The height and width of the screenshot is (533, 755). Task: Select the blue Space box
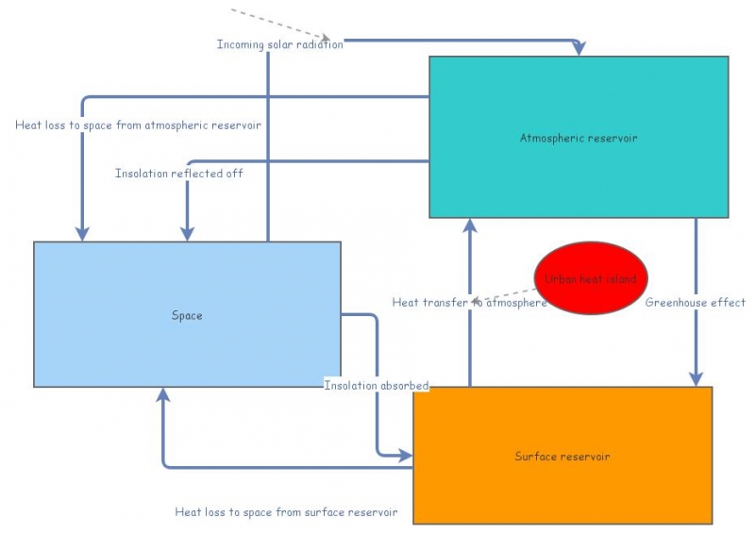click(187, 283)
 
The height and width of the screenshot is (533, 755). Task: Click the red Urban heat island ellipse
click(591, 278)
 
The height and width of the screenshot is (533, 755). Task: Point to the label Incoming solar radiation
click(279, 44)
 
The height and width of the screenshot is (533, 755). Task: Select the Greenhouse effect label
click(696, 303)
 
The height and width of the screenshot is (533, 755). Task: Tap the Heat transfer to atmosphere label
click(469, 303)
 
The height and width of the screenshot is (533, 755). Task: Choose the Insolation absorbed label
click(377, 385)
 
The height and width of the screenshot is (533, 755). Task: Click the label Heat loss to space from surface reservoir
click(286, 512)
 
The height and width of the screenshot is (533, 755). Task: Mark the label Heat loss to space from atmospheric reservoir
click(138, 125)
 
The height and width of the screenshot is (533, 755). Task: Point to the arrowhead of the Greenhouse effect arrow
click(696, 379)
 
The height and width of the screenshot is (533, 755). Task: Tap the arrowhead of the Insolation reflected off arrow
click(187, 234)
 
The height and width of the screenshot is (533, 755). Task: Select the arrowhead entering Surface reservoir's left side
click(406, 456)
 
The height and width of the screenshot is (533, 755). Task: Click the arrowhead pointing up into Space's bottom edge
click(164, 394)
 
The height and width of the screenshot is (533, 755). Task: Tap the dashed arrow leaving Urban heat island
click(505, 291)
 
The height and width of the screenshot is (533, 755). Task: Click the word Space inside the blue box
click(187, 315)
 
